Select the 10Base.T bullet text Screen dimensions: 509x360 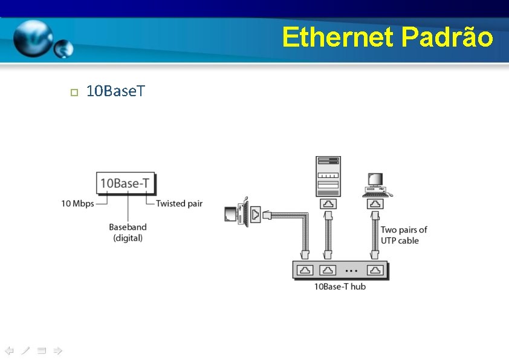(115, 92)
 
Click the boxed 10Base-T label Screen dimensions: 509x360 (126, 183)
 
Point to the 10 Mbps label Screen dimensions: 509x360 (77, 204)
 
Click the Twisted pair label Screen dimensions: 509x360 (179, 204)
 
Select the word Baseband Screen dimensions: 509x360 (128, 227)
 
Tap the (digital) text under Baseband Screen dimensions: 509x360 (128, 238)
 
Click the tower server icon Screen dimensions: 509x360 (328, 175)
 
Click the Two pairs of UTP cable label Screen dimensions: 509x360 (404, 235)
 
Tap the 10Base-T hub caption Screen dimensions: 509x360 (340, 286)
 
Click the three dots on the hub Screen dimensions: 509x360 (352, 270)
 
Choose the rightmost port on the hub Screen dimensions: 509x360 (376, 270)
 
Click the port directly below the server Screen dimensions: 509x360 (328, 204)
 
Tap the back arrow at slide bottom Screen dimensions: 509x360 (9, 350)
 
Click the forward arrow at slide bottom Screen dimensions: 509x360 (57, 350)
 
